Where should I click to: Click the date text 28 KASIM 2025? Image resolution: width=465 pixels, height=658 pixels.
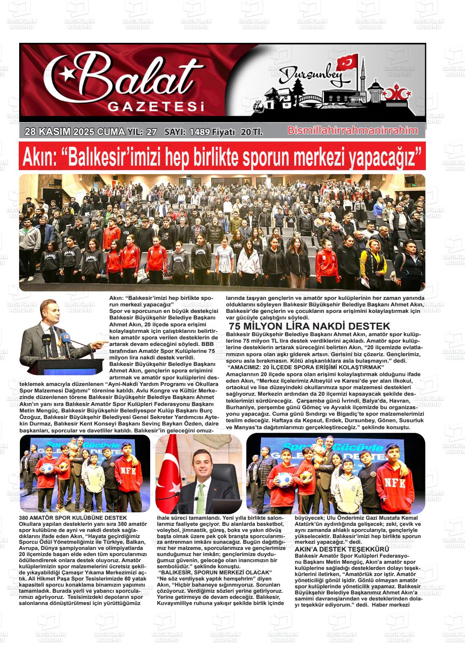59,132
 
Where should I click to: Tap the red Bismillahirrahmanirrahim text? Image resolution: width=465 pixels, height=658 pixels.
353,131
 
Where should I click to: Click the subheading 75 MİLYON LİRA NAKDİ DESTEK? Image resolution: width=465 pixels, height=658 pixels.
310,326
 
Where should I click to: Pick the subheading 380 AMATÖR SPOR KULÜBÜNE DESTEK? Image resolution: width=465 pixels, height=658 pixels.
67,518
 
